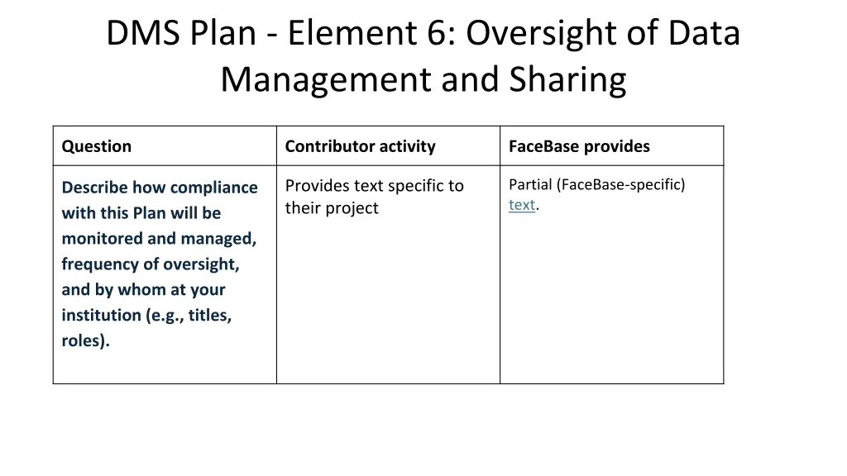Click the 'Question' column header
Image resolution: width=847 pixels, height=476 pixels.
pyautogui.click(x=96, y=146)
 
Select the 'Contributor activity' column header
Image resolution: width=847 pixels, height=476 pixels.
pyautogui.click(x=360, y=146)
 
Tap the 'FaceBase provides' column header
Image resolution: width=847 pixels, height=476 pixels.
pyautogui.click(x=579, y=146)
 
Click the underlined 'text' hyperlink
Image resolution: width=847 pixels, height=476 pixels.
pyautogui.click(x=521, y=205)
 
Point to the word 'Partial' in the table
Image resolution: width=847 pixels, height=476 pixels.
pyautogui.click(x=531, y=184)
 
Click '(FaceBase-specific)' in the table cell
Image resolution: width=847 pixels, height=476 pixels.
pyautogui.click(x=621, y=184)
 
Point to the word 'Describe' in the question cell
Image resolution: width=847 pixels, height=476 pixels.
pyautogui.click(x=94, y=188)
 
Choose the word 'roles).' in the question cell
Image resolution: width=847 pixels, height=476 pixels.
pyautogui.click(x=85, y=340)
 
